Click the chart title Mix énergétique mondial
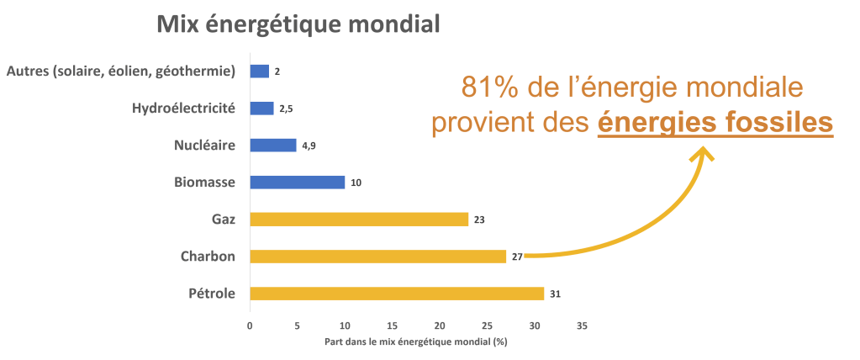pos(298,24)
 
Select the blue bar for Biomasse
pos(298,182)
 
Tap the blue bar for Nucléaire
pos(273,146)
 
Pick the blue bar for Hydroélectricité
pos(262,109)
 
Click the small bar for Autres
pos(259,71)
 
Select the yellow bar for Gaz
pos(359,220)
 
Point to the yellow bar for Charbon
pos(378,257)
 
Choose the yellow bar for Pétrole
pos(397,294)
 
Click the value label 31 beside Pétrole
pos(555,294)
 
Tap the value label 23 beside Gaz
pos(479,220)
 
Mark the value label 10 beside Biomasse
pos(356,183)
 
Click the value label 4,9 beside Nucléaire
pos(309,146)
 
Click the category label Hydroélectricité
pos(183,109)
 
